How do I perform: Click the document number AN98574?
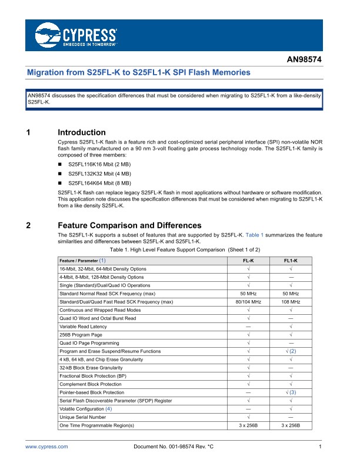[x=304, y=60]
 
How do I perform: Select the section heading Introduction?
[x=82, y=132]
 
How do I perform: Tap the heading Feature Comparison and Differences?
[x=129, y=225]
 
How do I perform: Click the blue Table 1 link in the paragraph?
[x=254, y=235]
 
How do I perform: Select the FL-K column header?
[x=248, y=260]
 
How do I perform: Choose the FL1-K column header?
[x=291, y=260]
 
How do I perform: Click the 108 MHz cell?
[x=291, y=301]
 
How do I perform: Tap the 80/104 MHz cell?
[x=248, y=301]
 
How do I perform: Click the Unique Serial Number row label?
[x=82, y=417]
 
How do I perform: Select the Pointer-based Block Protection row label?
[x=92, y=392]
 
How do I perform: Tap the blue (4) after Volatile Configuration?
[x=108, y=408]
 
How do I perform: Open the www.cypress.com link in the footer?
[x=46, y=448]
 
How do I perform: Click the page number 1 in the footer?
[x=319, y=448]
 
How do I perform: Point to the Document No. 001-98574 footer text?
[x=174, y=448]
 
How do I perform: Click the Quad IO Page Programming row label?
[x=89, y=342]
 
